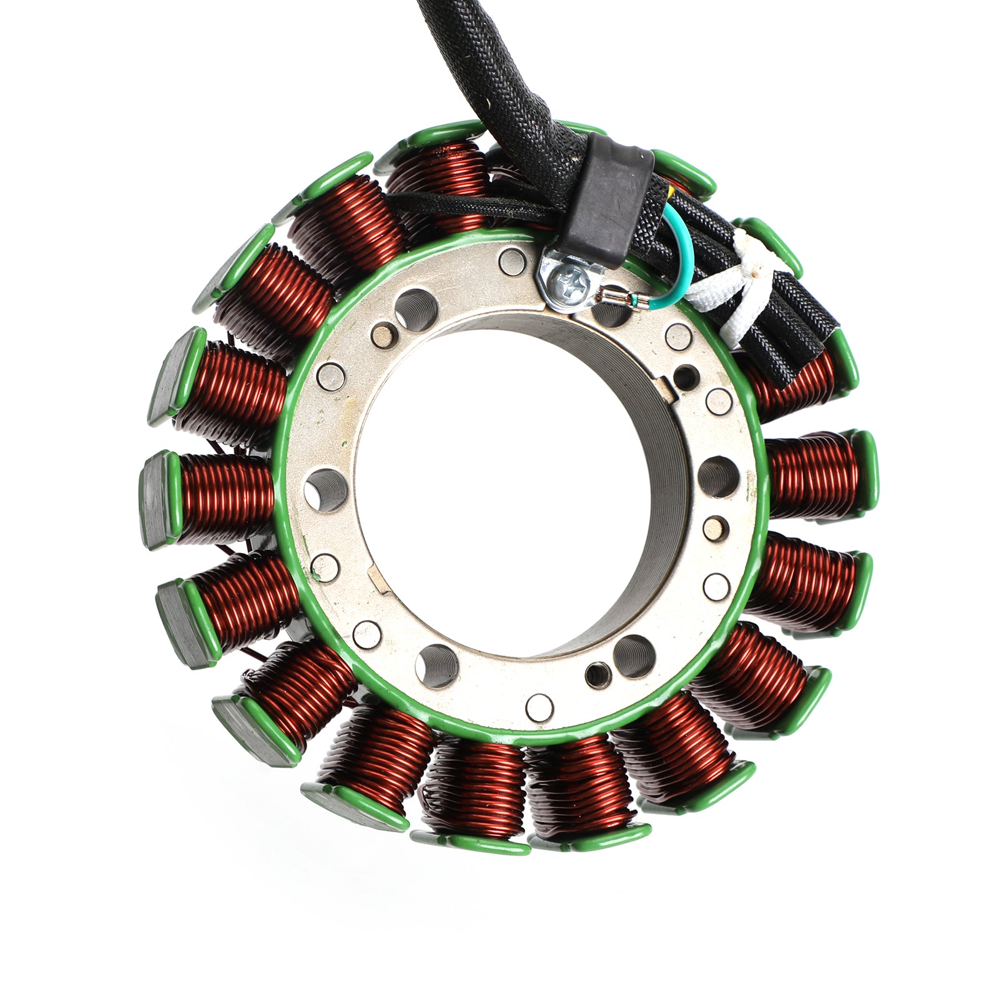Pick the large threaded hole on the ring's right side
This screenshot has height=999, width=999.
click(718, 476)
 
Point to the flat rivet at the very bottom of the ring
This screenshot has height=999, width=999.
click(539, 706)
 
